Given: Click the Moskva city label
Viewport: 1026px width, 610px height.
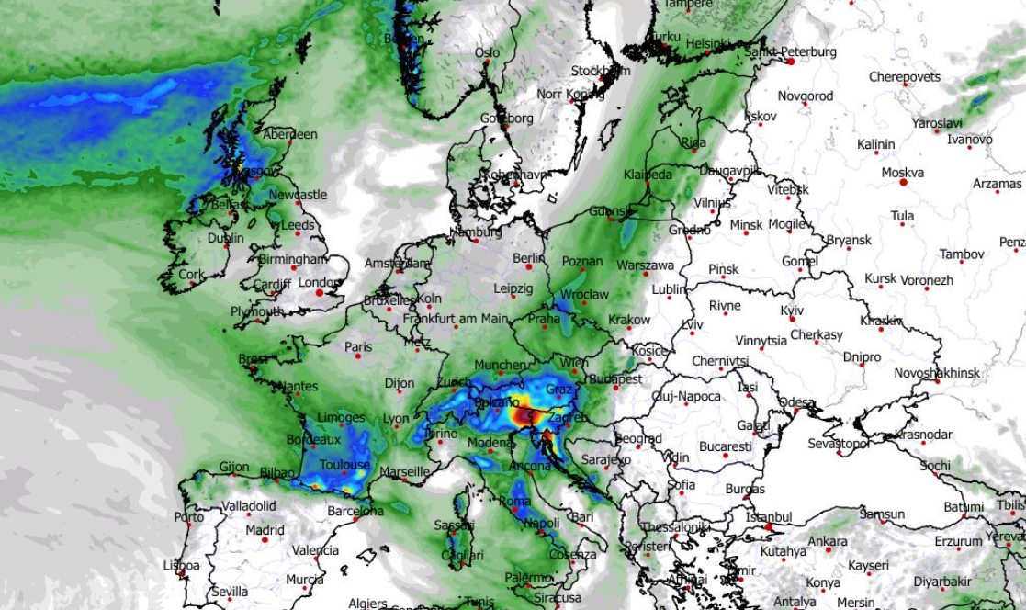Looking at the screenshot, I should [902, 172].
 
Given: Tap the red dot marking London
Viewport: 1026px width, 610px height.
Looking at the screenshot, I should [320, 293].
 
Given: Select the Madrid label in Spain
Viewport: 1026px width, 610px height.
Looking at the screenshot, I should [265, 530].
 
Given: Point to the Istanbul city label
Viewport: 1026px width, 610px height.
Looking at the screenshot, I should [768, 517].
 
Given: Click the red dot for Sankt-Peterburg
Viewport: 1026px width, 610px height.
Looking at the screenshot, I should [790, 62].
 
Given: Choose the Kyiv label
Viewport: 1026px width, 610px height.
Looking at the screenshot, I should [792, 311].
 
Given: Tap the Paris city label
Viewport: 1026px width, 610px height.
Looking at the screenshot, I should [358, 347].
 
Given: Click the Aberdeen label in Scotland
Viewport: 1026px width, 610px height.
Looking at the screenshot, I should [290, 134].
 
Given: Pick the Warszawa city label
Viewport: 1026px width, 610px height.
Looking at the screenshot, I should [645, 265].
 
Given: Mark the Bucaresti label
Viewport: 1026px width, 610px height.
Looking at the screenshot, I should [725, 446].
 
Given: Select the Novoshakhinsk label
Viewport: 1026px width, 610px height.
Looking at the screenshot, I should [937, 373].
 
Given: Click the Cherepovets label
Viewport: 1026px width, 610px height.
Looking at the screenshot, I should [905, 77].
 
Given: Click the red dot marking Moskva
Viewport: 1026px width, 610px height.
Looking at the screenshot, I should [904, 183].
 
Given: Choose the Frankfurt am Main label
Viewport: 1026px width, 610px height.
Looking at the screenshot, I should [456, 319].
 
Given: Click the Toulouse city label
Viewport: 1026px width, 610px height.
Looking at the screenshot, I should [344, 466].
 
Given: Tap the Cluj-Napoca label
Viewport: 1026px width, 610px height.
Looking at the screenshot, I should [687, 396].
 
